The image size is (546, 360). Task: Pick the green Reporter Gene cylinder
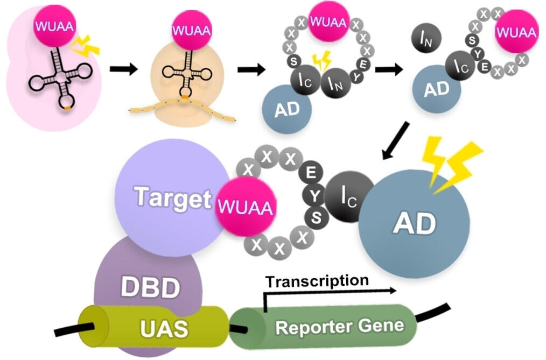[339, 325]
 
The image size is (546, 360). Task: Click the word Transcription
[317, 280]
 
